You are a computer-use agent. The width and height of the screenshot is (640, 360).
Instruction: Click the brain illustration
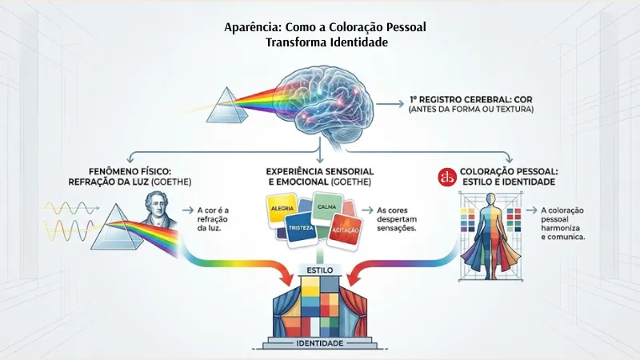click(325, 106)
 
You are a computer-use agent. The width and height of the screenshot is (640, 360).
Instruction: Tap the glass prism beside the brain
click(227, 106)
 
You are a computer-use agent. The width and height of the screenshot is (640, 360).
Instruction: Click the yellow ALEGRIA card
click(282, 210)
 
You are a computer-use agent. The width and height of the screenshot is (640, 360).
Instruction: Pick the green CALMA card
click(327, 207)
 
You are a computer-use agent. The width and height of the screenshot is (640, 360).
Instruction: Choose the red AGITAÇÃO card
click(345, 230)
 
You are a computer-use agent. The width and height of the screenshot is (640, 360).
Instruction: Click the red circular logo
click(447, 177)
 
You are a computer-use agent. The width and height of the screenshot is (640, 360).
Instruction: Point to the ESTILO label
click(319, 270)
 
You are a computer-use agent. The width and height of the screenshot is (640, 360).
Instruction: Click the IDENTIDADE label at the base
click(319, 343)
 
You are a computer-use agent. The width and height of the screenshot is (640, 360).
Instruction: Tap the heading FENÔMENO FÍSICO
click(130, 171)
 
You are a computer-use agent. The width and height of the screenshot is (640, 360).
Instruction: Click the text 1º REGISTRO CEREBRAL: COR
click(471, 99)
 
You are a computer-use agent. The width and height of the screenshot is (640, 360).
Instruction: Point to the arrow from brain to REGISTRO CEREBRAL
click(390, 104)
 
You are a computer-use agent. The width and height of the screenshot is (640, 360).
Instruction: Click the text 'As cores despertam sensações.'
click(397, 219)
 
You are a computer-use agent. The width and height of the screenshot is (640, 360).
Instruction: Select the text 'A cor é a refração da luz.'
click(213, 219)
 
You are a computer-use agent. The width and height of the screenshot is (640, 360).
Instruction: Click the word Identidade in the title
click(359, 42)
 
